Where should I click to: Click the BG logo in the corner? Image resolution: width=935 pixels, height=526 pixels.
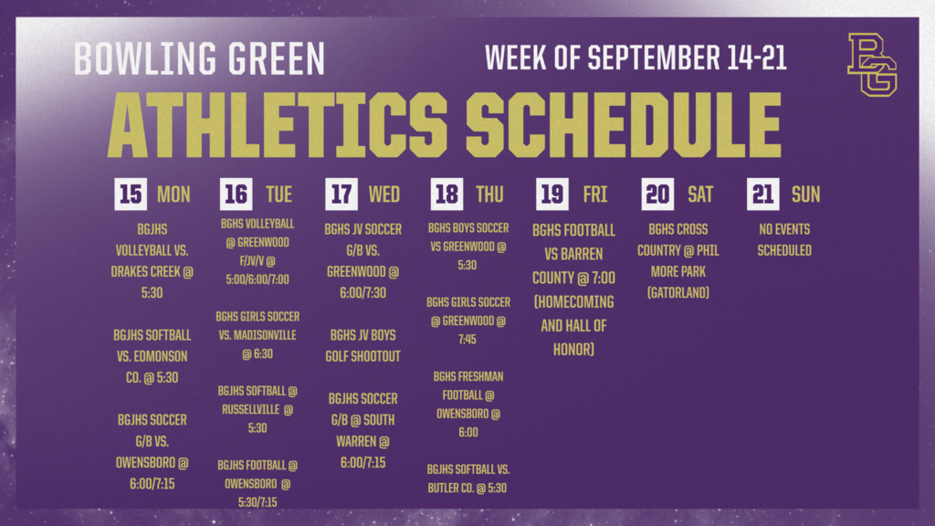[x=872, y=65]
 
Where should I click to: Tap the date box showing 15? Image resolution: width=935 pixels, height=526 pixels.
[x=131, y=194]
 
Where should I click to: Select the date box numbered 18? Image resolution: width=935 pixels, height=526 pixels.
[x=446, y=194]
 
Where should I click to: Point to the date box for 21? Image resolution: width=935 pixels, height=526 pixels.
[x=762, y=194]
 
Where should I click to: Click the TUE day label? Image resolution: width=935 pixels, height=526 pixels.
[x=279, y=195]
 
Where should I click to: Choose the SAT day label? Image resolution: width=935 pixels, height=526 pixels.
[x=700, y=195]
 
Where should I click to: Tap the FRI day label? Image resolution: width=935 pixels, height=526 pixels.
[x=595, y=195]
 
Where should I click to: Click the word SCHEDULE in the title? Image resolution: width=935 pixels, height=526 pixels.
[x=623, y=124]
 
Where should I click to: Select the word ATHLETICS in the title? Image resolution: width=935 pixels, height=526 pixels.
[x=278, y=124]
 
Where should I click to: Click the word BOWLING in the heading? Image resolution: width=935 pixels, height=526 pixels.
[x=145, y=58]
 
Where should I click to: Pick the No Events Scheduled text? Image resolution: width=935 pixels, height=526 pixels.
[x=784, y=240]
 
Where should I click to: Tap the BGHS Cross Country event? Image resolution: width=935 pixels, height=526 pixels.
[x=678, y=260]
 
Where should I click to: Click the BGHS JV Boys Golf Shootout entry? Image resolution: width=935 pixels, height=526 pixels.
[x=362, y=345]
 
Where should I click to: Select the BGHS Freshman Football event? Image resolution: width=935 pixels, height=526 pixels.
[x=468, y=405]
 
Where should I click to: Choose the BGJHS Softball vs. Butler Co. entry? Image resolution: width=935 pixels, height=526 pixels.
[x=468, y=479]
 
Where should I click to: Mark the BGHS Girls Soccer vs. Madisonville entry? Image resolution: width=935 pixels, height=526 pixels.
[x=257, y=335]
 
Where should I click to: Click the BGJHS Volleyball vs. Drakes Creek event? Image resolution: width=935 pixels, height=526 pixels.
[x=152, y=260]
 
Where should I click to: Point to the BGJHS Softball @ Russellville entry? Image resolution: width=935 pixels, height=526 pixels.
[x=257, y=409]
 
